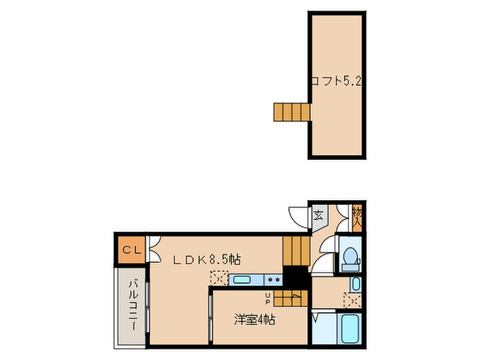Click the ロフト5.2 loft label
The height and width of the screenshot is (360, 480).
335,80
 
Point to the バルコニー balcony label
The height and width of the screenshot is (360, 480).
134,306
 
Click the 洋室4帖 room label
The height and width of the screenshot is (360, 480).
254,319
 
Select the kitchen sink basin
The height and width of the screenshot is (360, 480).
242,279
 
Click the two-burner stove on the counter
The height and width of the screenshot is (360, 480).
272,279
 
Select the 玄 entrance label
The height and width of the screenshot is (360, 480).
319,215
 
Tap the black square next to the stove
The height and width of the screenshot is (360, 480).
296,278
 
